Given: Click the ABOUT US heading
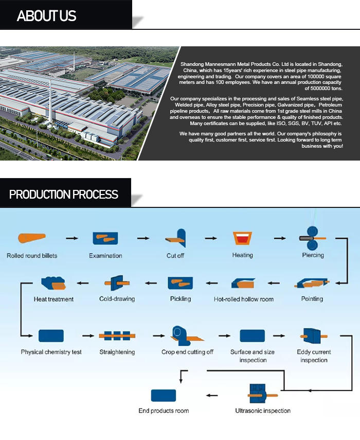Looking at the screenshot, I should point(46,16).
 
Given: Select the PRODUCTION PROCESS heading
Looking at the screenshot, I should point(64,195).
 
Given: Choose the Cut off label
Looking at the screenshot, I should point(175,256).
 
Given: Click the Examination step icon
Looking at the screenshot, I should point(105,238).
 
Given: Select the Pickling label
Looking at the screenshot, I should point(180,299).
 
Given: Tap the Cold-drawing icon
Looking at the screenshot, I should point(117,283).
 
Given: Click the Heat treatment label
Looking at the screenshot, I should point(53,299).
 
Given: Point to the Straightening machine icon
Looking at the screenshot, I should point(117,336).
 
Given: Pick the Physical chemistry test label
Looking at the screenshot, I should point(51,352).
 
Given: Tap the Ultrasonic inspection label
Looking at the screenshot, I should point(263,411).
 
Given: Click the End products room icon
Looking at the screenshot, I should point(164,395).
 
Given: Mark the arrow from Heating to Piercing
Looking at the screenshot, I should point(279,238).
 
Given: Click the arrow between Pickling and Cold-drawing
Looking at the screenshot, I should point(150,283).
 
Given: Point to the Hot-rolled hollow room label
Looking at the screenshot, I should point(244,299).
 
